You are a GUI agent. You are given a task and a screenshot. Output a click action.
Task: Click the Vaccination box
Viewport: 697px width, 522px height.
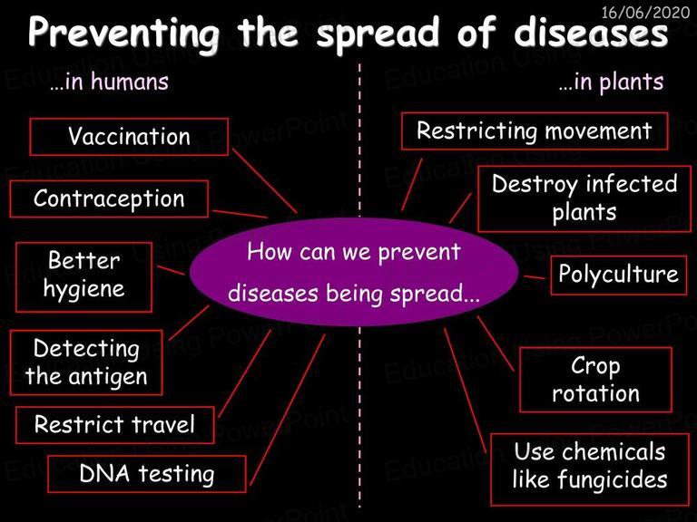129,137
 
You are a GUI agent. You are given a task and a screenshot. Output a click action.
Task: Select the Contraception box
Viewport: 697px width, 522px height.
109,198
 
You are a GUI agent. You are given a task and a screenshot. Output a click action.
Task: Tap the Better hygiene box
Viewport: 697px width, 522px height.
83,277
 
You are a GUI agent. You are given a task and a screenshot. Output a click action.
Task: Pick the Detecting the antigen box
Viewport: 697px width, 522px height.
86,362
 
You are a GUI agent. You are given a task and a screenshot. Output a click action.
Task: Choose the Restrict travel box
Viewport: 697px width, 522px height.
114,425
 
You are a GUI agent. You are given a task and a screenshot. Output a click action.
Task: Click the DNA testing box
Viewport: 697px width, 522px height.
147,474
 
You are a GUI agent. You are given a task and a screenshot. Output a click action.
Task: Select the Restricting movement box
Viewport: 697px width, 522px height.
535,130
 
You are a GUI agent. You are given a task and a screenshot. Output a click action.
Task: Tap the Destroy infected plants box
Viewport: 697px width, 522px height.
584,198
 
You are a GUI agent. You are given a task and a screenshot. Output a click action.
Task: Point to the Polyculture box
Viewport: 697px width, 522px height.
618,275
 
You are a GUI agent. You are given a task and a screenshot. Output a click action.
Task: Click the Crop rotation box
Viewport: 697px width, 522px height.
595,380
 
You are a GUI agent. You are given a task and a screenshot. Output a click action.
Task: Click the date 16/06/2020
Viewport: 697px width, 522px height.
645,12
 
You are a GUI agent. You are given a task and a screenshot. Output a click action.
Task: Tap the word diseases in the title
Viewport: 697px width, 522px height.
591,33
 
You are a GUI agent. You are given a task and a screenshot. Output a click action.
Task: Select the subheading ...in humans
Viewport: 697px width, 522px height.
109,82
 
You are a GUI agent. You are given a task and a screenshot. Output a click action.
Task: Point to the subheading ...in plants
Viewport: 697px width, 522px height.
611,82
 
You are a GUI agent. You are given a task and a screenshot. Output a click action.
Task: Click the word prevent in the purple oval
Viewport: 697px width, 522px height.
419,253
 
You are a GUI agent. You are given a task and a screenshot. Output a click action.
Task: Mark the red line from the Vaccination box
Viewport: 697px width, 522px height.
264,181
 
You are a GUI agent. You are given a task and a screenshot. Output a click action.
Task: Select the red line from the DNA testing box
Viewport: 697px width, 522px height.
288,410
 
